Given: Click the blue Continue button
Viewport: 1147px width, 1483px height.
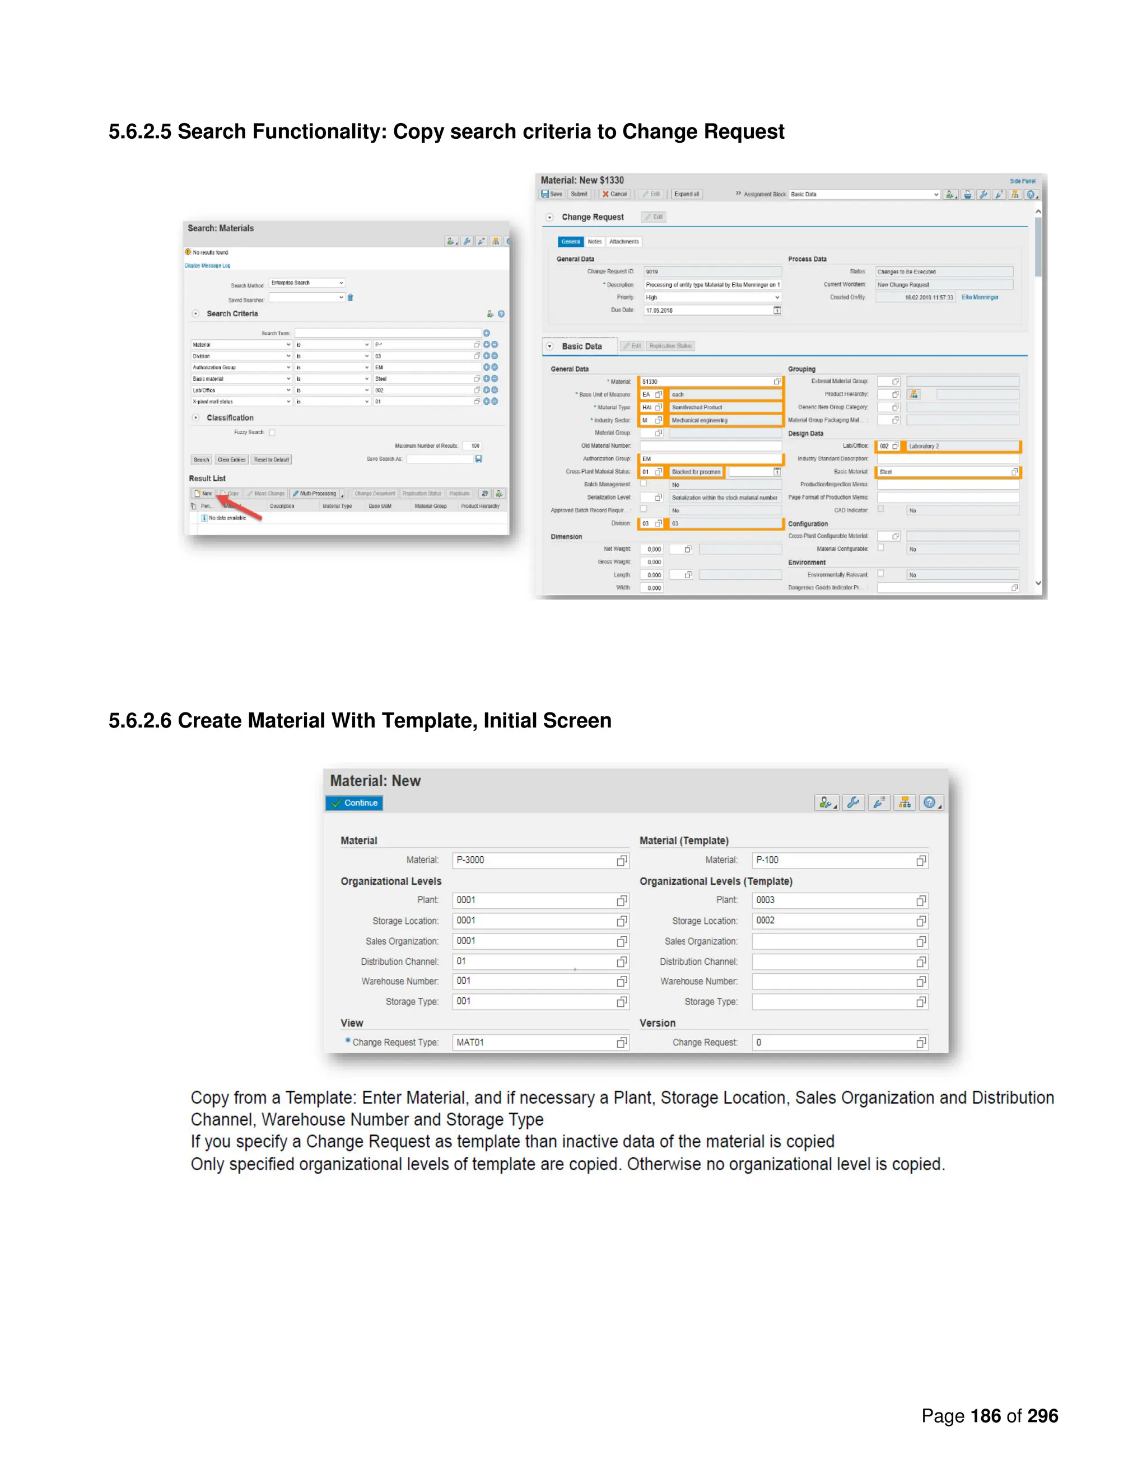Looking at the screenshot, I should pyautogui.click(x=354, y=802).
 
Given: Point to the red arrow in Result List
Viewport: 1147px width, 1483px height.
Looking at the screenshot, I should pyautogui.click(x=239, y=508).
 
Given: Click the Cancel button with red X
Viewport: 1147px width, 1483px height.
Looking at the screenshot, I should pyautogui.click(x=615, y=194).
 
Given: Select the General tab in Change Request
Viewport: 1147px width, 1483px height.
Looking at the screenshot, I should pyautogui.click(x=571, y=242).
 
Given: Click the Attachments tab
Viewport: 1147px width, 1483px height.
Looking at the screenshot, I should pyautogui.click(x=624, y=242).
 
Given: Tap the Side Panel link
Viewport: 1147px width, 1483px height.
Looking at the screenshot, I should pyautogui.click(x=1022, y=181).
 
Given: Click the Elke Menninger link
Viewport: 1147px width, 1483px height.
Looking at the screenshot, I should pyautogui.click(x=979, y=297).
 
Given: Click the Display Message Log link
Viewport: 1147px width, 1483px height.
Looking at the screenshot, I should pyautogui.click(x=207, y=265).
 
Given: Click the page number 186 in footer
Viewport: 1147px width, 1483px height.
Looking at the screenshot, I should pyautogui.click(x=985, y=1416).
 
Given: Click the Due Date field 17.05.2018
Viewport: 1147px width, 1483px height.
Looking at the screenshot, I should pyautogui.click(x=707, y=311).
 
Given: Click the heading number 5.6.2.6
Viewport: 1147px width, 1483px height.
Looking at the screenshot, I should pyautogui.click(x=140, y=720).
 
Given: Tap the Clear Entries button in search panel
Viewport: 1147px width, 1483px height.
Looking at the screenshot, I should pyautogui.click(x=231, y=459).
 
